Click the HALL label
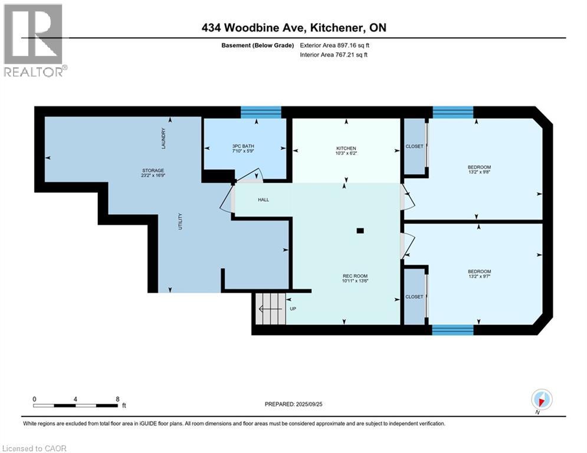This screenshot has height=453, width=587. point(263,199)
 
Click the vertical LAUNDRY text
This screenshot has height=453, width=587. point(163,138)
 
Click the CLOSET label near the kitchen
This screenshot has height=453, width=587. point(414,146)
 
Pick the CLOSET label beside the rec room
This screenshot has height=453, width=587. point(414,297)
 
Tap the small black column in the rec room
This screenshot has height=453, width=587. point(360,231)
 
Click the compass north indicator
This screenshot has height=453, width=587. point(541,399)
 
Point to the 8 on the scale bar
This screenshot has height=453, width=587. point(117,399)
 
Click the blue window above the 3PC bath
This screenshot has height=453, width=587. point(261,112)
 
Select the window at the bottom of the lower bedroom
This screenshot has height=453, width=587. point(452,330)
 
